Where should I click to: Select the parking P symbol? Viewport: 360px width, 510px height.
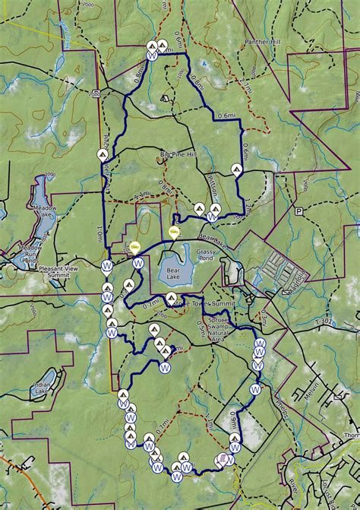point(299,211)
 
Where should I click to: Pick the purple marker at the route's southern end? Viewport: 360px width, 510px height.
point(223,458)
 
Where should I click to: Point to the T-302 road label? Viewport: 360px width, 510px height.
point(324,322)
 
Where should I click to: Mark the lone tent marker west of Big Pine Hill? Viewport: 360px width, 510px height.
point(102,154)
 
